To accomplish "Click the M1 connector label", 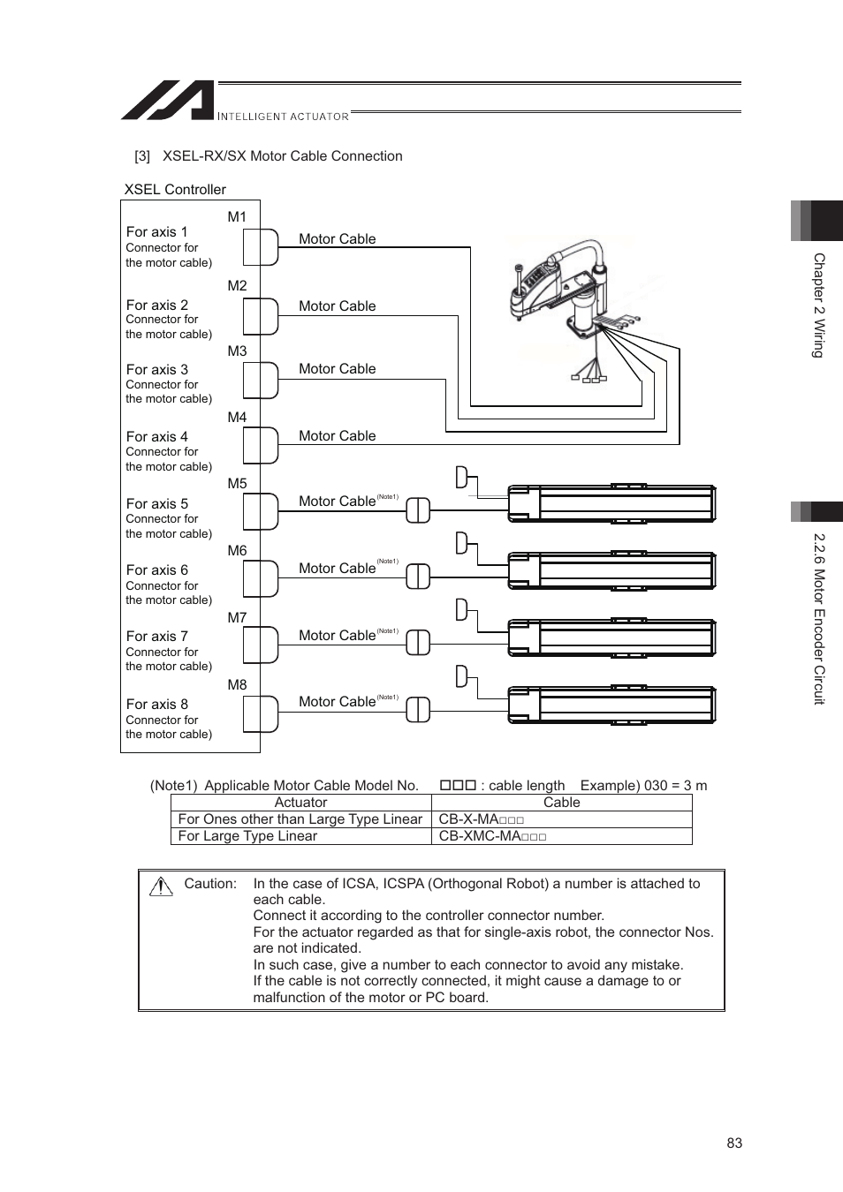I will [x=237, y=217].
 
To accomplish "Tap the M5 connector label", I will [x=237, y=484].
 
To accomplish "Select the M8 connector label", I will [x=237, y=685].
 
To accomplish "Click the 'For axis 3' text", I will [x=156, y=370].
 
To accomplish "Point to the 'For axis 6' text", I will [x=156, y=570].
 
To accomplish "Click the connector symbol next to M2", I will [x=262, y=316].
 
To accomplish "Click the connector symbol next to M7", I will [x=262, y=645].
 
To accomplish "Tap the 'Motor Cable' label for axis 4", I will [x=337, y=436].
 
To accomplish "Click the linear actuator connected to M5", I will [x=611, y=504].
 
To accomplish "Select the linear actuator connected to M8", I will [x=611, y=705].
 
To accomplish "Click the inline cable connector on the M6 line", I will [x=418, y=577].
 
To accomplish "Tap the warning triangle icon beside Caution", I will [x=161, y=886].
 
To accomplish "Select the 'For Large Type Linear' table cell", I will [x=247, y=836].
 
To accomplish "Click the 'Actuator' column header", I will [x=300, y=803].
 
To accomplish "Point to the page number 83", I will [x=734, y=1143].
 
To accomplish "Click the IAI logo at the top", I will [x=168, y=101].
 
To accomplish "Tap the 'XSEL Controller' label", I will [x=175, y=190].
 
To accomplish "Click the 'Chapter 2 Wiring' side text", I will [x=818, y=306].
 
